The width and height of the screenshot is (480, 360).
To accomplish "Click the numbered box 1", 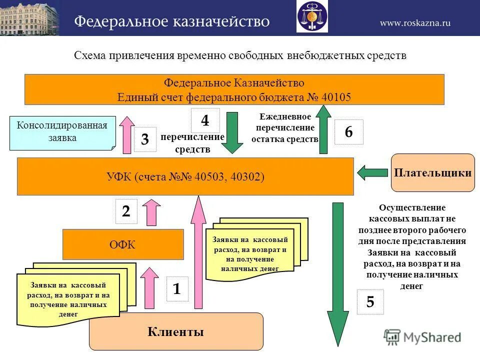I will tap(176, 289).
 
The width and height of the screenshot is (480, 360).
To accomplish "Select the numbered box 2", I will tap(126, 211).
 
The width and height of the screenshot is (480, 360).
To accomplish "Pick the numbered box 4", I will tap(205, 120).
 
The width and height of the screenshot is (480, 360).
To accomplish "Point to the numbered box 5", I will tap(370, 302).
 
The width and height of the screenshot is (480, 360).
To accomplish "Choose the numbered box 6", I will tap(348, 132).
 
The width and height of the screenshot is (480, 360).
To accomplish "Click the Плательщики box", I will tap(432, 173).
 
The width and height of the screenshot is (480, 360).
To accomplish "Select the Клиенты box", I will tap(176, 331).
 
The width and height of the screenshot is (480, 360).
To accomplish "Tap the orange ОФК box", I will tap(123, 244).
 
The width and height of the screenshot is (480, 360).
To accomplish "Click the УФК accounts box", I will tap(185, 176).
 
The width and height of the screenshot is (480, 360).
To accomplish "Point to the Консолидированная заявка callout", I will tap(62, 132).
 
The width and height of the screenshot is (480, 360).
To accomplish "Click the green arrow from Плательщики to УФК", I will tap(372, 173).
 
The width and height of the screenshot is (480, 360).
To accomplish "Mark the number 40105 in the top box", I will tap(337, 97).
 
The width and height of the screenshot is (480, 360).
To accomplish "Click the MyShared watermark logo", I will tap(422, 337).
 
